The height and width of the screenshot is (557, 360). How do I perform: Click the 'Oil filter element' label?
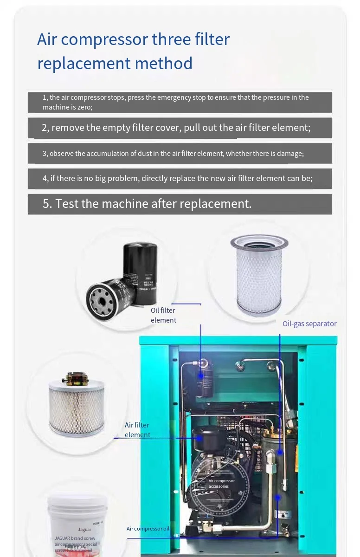pos(163,315)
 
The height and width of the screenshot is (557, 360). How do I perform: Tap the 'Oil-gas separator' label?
pos(309,324)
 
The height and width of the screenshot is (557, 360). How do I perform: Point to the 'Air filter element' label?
pos(137,430)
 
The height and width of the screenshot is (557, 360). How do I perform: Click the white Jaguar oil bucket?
pos(77,522)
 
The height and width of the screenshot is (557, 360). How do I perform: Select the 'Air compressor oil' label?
pos(148,529)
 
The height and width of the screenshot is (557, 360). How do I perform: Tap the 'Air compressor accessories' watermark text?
pos(221,484)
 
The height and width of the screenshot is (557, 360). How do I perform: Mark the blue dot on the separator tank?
pos(281,451)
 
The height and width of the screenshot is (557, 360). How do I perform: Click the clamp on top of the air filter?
pos(75,379)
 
